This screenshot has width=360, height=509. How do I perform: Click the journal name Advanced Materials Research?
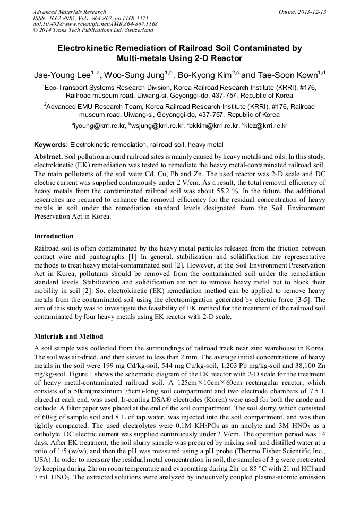tap(69, 12)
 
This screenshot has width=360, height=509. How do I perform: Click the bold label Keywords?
tap(50, 145)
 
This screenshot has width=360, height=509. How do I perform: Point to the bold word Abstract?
tap(48, 157)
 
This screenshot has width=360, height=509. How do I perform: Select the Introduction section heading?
tap(54, 236)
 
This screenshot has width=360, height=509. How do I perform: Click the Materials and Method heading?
tap(68, 337)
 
